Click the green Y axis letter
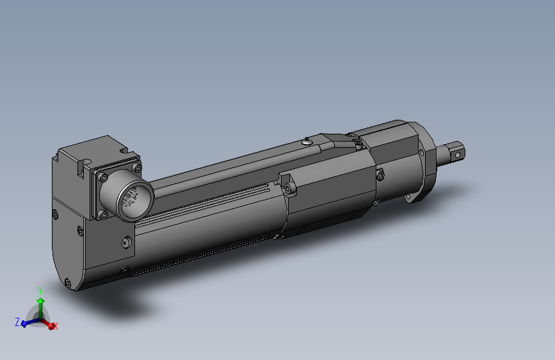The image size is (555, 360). pos(40,290)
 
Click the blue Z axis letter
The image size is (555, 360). pos(17,321)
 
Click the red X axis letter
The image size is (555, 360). pos(56,326)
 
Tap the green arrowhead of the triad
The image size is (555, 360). pos(40,300)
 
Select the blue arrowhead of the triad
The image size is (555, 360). pos(24,323)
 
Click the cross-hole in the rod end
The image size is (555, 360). pos(457,154)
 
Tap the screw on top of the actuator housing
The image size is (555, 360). pos(308,142)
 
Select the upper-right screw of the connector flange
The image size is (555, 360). pos(136,168)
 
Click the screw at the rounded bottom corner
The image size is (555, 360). pos(68,281)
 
